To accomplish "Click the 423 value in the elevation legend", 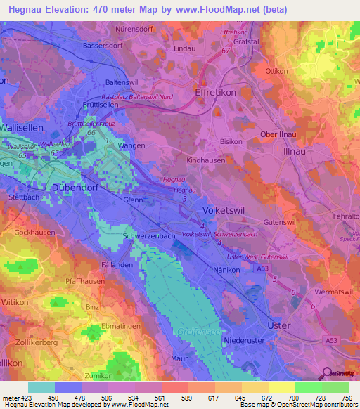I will point(22,397).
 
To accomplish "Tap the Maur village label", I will point(179,358).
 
